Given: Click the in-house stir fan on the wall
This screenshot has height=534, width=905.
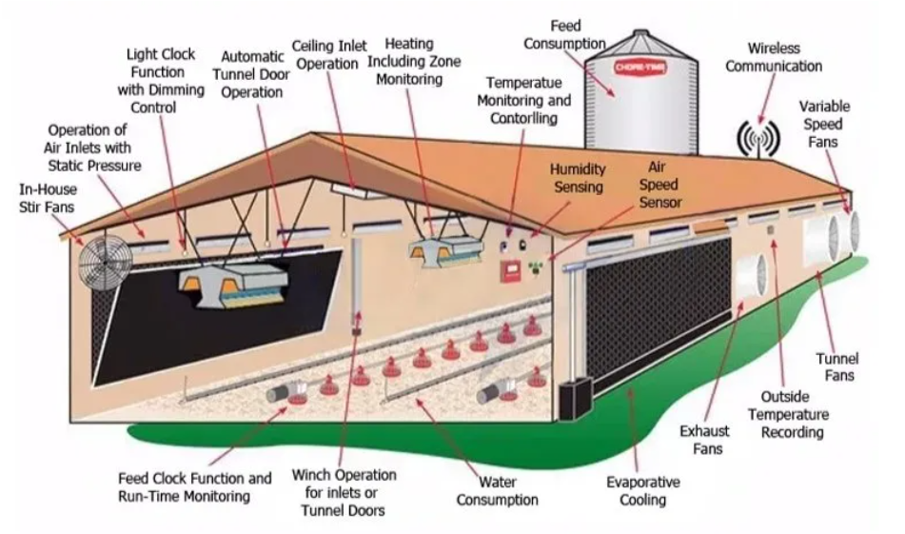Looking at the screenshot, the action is [x=106, y=262].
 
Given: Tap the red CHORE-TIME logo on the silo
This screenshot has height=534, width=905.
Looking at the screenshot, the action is [x=639, y=68].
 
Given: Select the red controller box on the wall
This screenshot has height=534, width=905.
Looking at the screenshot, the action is [x=511, y=271].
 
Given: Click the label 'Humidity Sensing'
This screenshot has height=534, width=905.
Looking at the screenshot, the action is [x=578, y=178].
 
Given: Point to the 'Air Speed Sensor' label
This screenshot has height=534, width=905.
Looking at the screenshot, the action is [x=659, y=185].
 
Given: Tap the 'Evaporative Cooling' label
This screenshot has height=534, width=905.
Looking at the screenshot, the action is [x=643, y=491].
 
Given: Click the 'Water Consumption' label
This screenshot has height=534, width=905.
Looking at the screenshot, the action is [x=497, y=491].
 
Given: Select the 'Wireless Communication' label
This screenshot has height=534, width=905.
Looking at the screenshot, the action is [x=774, y=57].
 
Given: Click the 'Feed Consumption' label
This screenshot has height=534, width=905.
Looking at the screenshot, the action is [x=565, y=34].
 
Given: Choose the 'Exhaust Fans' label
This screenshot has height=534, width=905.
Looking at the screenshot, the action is [x=704, y=440].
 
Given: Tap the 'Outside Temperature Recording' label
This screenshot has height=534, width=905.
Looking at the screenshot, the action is [x=788, y=414].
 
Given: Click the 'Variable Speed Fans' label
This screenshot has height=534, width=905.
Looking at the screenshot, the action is [x=823, y=124].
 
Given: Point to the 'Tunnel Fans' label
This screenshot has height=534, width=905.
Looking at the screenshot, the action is [x=837, y=367].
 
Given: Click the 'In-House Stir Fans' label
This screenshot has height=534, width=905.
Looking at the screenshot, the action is [x=48, y=198].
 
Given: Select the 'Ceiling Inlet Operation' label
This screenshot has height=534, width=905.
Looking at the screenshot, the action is [x=329, y=55].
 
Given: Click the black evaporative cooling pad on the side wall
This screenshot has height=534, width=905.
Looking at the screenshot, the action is [x=659, y=307].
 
